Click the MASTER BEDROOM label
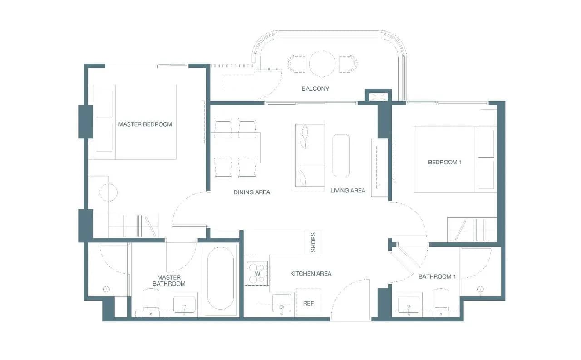click(145, 124)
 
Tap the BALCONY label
click(315, 89)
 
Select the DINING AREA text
click(252, 192)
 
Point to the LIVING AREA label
click(348, 191)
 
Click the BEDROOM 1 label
click(445, 163)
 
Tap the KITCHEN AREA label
click(311, 274)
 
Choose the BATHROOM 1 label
click(437, 277)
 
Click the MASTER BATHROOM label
click(169, 281)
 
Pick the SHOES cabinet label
click(313, 242)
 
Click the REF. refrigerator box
click(309, 301)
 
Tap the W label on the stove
click(257, 274)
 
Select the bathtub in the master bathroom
click(221, 278)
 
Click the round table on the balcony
click(322, 64)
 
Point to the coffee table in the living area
click(341, 156)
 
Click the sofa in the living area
click(310, 155)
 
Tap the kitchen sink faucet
click(282, 309)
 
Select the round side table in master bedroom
click(108, 192)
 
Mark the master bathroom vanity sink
click(184, 305)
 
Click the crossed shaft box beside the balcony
click(379, 96)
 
